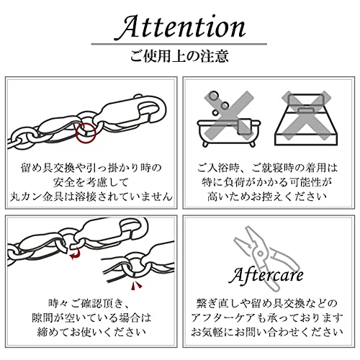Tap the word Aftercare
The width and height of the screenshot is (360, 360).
tap(268, 275)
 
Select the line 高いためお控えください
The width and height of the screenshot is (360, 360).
tap(268, 196)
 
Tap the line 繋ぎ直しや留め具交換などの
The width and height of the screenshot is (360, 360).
tap(268, 303)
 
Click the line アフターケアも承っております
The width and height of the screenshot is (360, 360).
tap(268, 318)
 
